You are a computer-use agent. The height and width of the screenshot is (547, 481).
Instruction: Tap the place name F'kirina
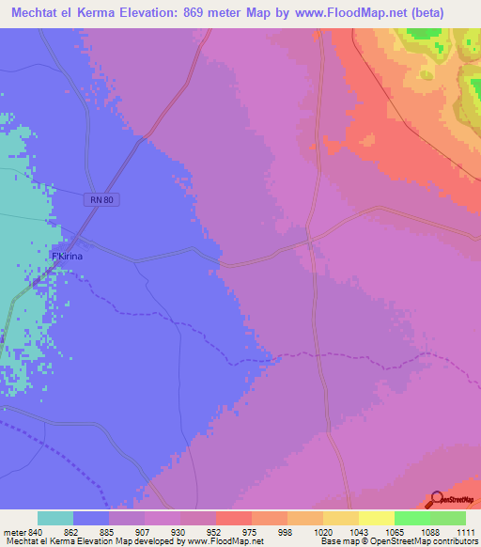(x=69, y=257)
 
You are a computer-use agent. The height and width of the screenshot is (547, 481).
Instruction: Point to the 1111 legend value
(x=465, y=531)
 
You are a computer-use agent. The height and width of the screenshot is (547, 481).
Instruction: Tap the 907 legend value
(x=146, y=531)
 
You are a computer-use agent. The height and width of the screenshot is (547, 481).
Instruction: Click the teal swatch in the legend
(x=55, y=518)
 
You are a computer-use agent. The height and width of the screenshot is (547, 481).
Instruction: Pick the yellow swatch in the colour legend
(x=377, y=518)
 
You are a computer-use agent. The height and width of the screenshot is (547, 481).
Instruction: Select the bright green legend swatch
(x=412, y=518)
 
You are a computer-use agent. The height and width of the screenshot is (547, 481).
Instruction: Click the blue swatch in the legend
(x=91, y=518)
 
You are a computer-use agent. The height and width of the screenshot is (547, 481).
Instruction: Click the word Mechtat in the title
(x=35, y=12)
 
